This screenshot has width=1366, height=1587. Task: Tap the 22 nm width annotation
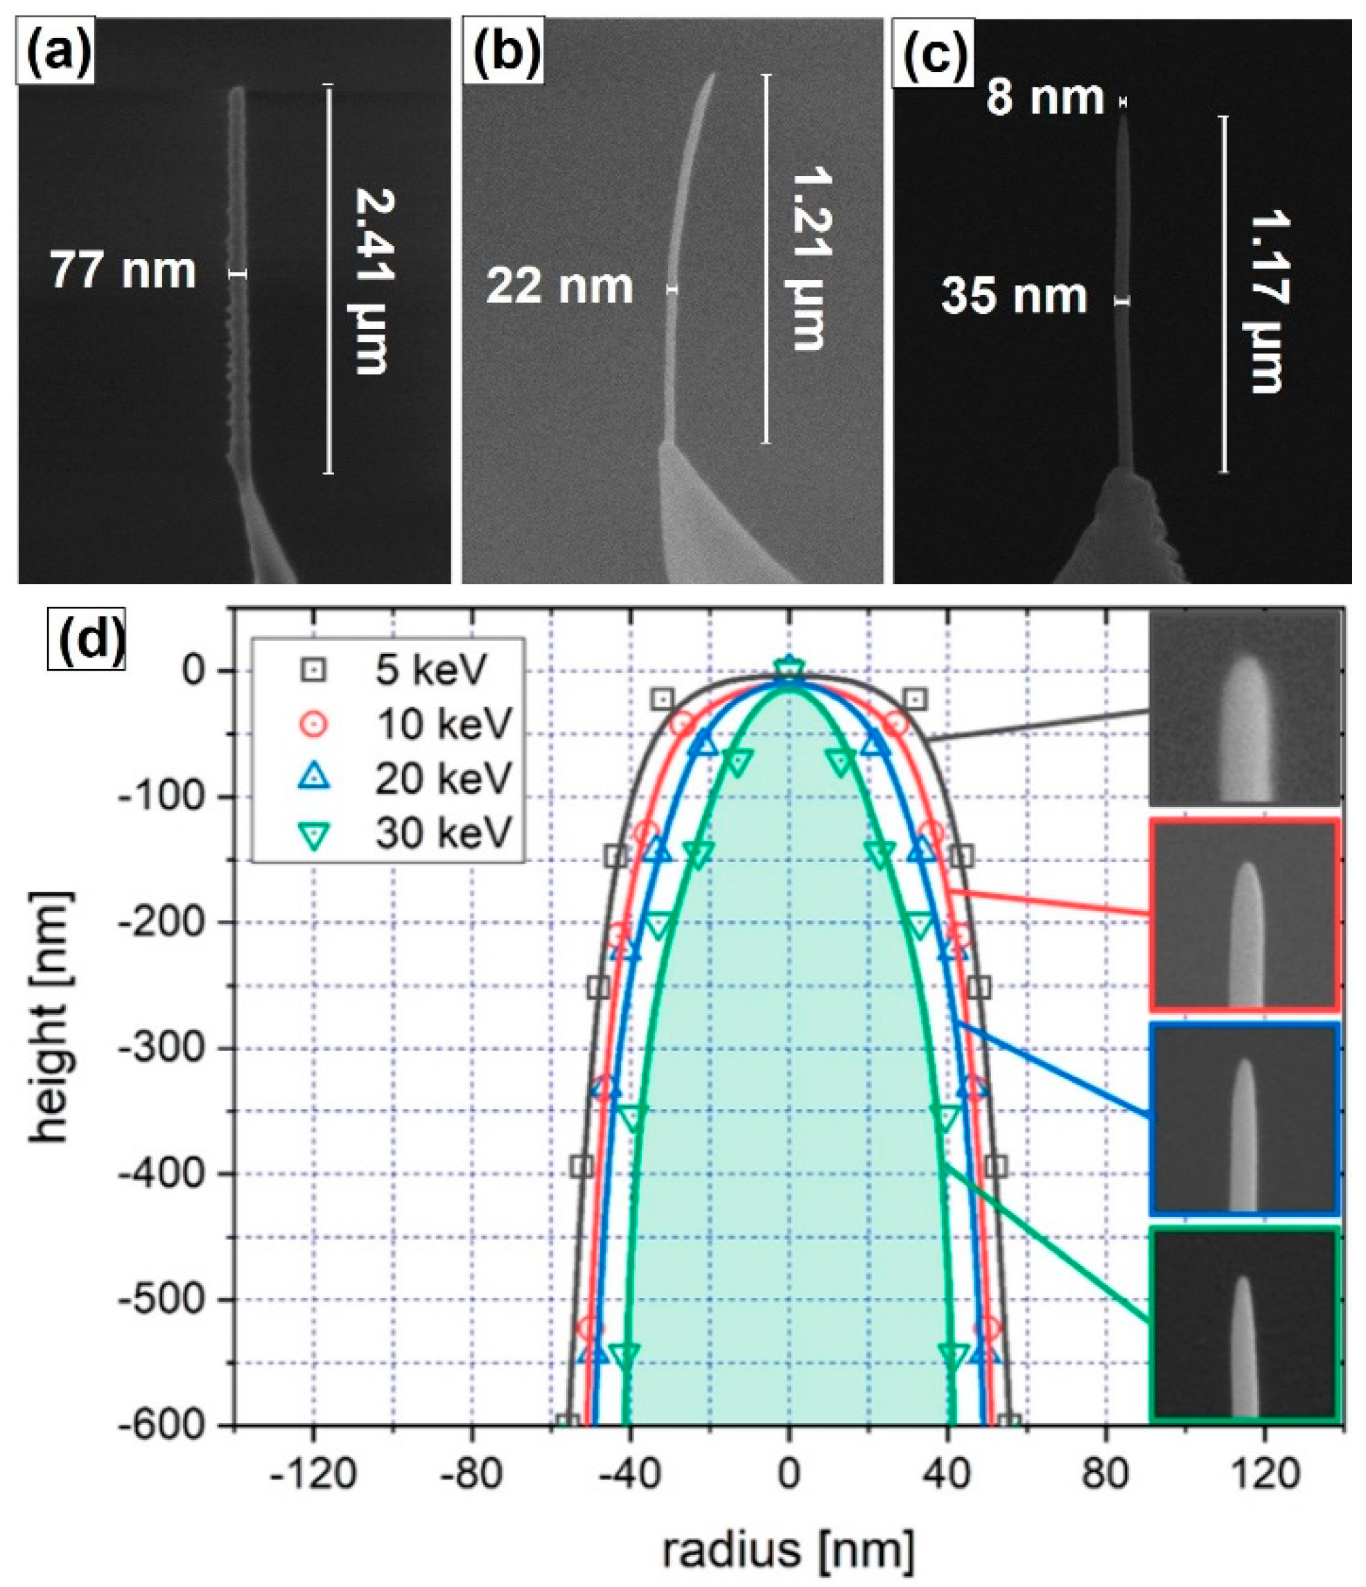click(559, 287)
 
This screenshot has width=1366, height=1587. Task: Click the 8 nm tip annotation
click(1044, 98)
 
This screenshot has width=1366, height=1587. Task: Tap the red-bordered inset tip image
click(1244, 913)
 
